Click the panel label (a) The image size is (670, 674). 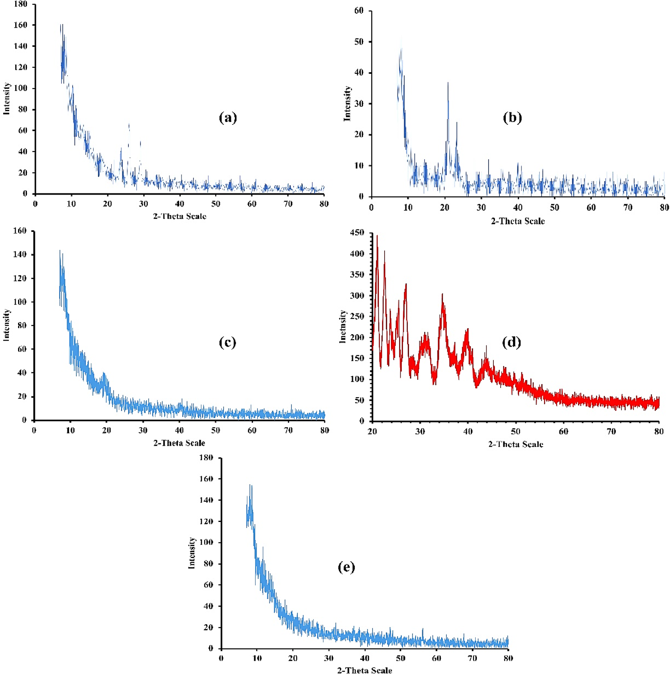[x=228, y=118]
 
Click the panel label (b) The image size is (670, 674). [x=512, y=118]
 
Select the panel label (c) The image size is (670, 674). [x=227, y=342]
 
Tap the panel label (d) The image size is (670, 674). [x=511, y=342]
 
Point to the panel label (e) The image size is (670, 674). [x=346, y=567]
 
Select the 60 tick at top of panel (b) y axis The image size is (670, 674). [x=358, y=11]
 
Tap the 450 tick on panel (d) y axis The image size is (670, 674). [x=357, y=233]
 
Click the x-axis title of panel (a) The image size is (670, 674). [x=179, y=216]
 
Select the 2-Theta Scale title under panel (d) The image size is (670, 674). [x=515, y=444]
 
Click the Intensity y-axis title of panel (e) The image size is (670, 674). [x=192, y=553]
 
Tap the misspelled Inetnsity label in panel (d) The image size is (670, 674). [x=342, y=326]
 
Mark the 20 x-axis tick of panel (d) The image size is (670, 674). [x=373, y=432]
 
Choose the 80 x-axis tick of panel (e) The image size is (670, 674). [x=508, y=658]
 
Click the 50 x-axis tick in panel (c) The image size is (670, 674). [x=216, y=430]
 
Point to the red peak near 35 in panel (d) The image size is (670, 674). [x=442, y=295]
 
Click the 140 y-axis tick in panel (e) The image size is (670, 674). [x=207, y=500]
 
